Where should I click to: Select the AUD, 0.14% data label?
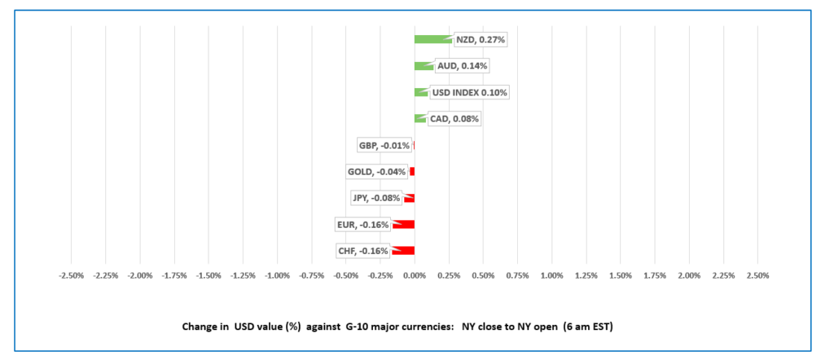pyautogui.click(x=463, y=66)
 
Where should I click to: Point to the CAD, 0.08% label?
pyautogui.click(x=454, y=119)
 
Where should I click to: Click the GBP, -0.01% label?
pyautogui.click(x=384, y=146)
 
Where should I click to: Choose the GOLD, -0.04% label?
pyautogui.click(x=376, y=172)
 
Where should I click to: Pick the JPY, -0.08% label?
pyautogui.click(x=376, y=198)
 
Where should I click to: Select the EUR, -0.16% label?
pyautogui.click(x=362, y=224)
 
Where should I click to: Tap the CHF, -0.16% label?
pyautogui.click(x=362, y=251)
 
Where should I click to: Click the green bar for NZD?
pyautogui.click(x=432, y=39)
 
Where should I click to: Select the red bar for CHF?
pyautogui.click(x=404, y=251)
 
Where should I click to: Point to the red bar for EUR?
pyautogui.click(x=404, y=224)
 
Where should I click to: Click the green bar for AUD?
pyautogui.click(x=424, y=66)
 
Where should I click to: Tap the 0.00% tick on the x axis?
pyautogui.click(x=415, y=275)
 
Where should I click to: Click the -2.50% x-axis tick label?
pyautogui.click(x=72, y=275)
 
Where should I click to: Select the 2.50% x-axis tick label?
pyautogui.click(x=757, y=275)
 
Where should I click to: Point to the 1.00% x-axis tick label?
pyautogui.click(x=552, y=275)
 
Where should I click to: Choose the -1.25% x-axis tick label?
pyautogui.click(x=243, y=275)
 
